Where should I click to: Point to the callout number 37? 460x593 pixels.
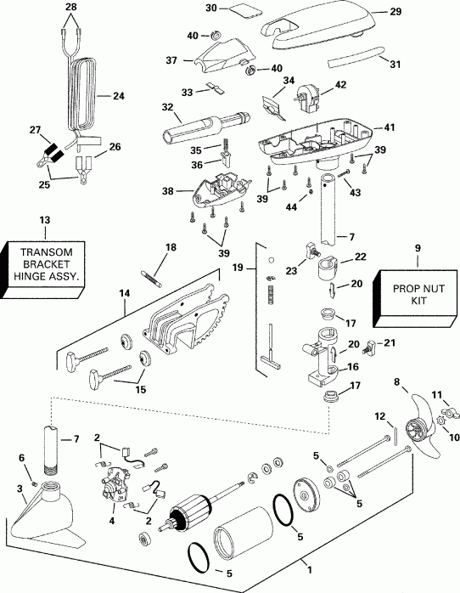point(171,60)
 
